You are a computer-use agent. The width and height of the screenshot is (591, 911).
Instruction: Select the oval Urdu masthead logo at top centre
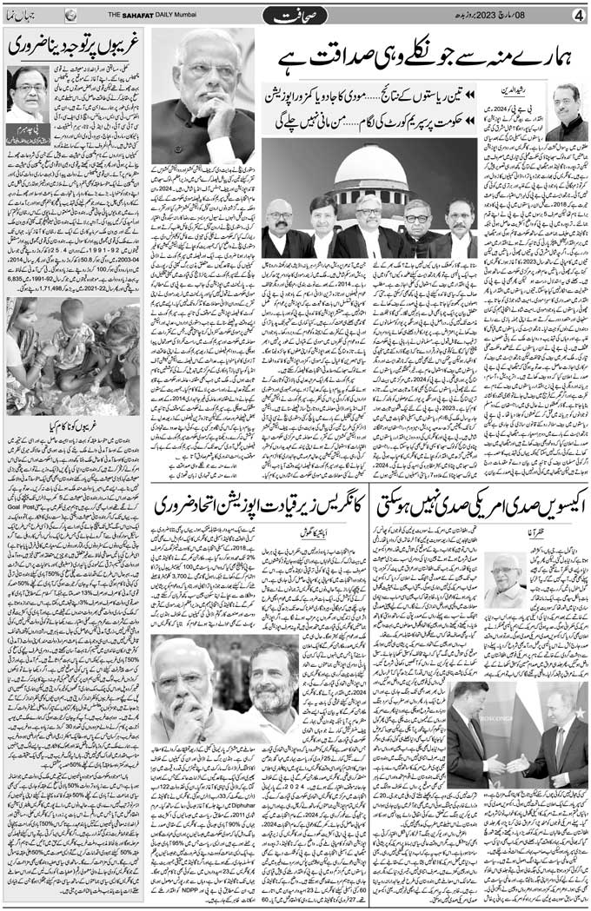[x=299, y=16]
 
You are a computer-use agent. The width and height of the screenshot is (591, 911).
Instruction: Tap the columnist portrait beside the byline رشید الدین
[x=568, y=108]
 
